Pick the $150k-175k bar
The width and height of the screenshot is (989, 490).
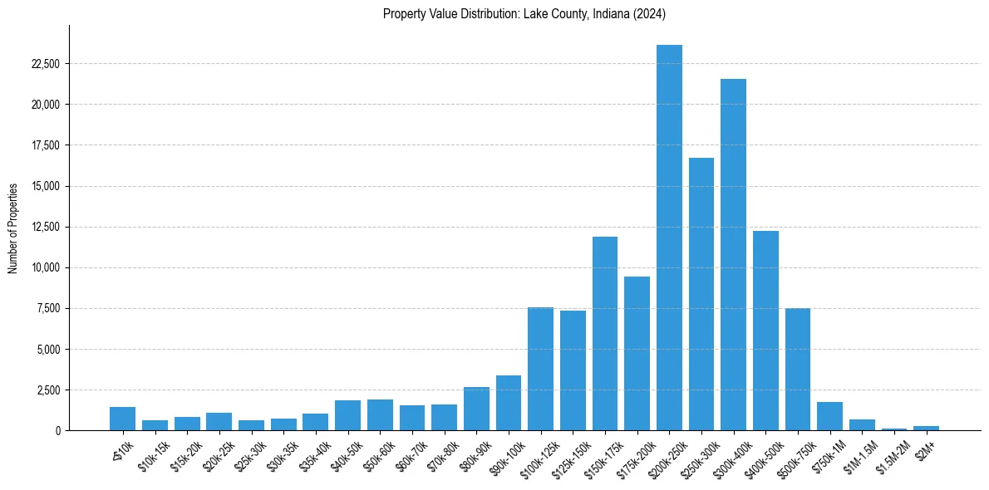605,333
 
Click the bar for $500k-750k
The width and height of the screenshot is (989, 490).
798,369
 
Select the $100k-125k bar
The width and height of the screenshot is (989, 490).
540,369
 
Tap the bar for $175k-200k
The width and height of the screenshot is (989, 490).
637,353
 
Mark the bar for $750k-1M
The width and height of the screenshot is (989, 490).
829,416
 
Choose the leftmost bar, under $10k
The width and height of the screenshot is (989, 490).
122,419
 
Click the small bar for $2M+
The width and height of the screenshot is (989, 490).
926,428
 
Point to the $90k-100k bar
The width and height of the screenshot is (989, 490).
509,403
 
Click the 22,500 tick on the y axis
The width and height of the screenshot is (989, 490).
45,64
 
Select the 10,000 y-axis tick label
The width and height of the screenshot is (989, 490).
45,267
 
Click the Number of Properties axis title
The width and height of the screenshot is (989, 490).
13,228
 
